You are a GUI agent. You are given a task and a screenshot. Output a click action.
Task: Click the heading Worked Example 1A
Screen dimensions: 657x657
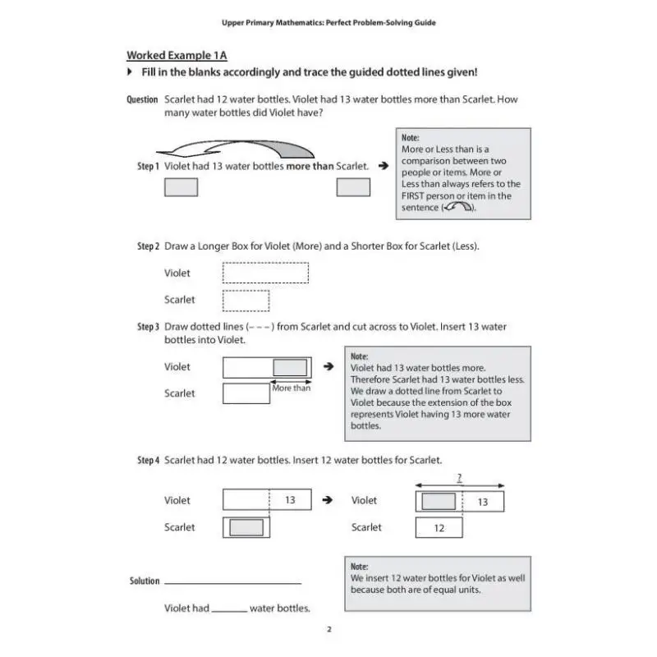pyautogui.click(x=177, y=56)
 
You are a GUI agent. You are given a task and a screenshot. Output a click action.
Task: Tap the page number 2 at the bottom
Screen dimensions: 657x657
pyautogui.click(x=328, y=630)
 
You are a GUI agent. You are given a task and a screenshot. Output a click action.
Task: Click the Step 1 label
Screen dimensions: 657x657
pyautogui.click(x=148, y=167)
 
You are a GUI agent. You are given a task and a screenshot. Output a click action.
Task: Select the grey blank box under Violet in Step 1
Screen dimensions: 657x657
pyautogui.click(x=181, y=187)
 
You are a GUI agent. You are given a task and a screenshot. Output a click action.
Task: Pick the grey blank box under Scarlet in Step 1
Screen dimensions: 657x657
pyautogui.click(x=353, y=187)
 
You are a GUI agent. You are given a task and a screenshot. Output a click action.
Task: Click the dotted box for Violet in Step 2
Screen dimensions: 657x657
pyautogui.click(x=265, y=273)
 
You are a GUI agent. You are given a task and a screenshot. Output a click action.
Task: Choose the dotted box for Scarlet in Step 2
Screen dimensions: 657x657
pyautogui.click(x=246, y=300)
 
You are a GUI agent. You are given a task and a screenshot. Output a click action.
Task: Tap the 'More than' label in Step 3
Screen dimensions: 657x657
pyautogui.click(x=292, y=388)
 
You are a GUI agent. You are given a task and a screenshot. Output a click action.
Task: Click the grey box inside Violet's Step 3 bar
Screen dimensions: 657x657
pyautogui.click(x=290, y=367)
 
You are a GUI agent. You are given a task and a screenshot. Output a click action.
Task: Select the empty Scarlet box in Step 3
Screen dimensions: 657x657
pyautogui.click(x=246, y=393)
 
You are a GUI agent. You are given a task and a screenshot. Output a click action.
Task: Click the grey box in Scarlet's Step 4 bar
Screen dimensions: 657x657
pyautogui.click(x=246, y=527)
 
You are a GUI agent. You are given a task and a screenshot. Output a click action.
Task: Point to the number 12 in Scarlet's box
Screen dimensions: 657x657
pyautogui.click(x=439, y=528)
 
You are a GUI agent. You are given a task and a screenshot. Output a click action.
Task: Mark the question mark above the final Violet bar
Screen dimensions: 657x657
pyautogui.click(x=459, y=476)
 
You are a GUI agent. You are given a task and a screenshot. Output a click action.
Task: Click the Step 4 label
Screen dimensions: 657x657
pyautogui.click(x=148, y=461)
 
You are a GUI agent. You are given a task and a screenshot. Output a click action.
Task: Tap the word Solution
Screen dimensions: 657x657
pyautogui.click(x=145, y=581)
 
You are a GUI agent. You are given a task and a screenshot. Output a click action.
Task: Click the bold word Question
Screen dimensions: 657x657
pyautogui.click(x=142, y=100)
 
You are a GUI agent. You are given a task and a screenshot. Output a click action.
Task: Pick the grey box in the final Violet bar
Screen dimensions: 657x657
pyautogui.click(x=439, y=501)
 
